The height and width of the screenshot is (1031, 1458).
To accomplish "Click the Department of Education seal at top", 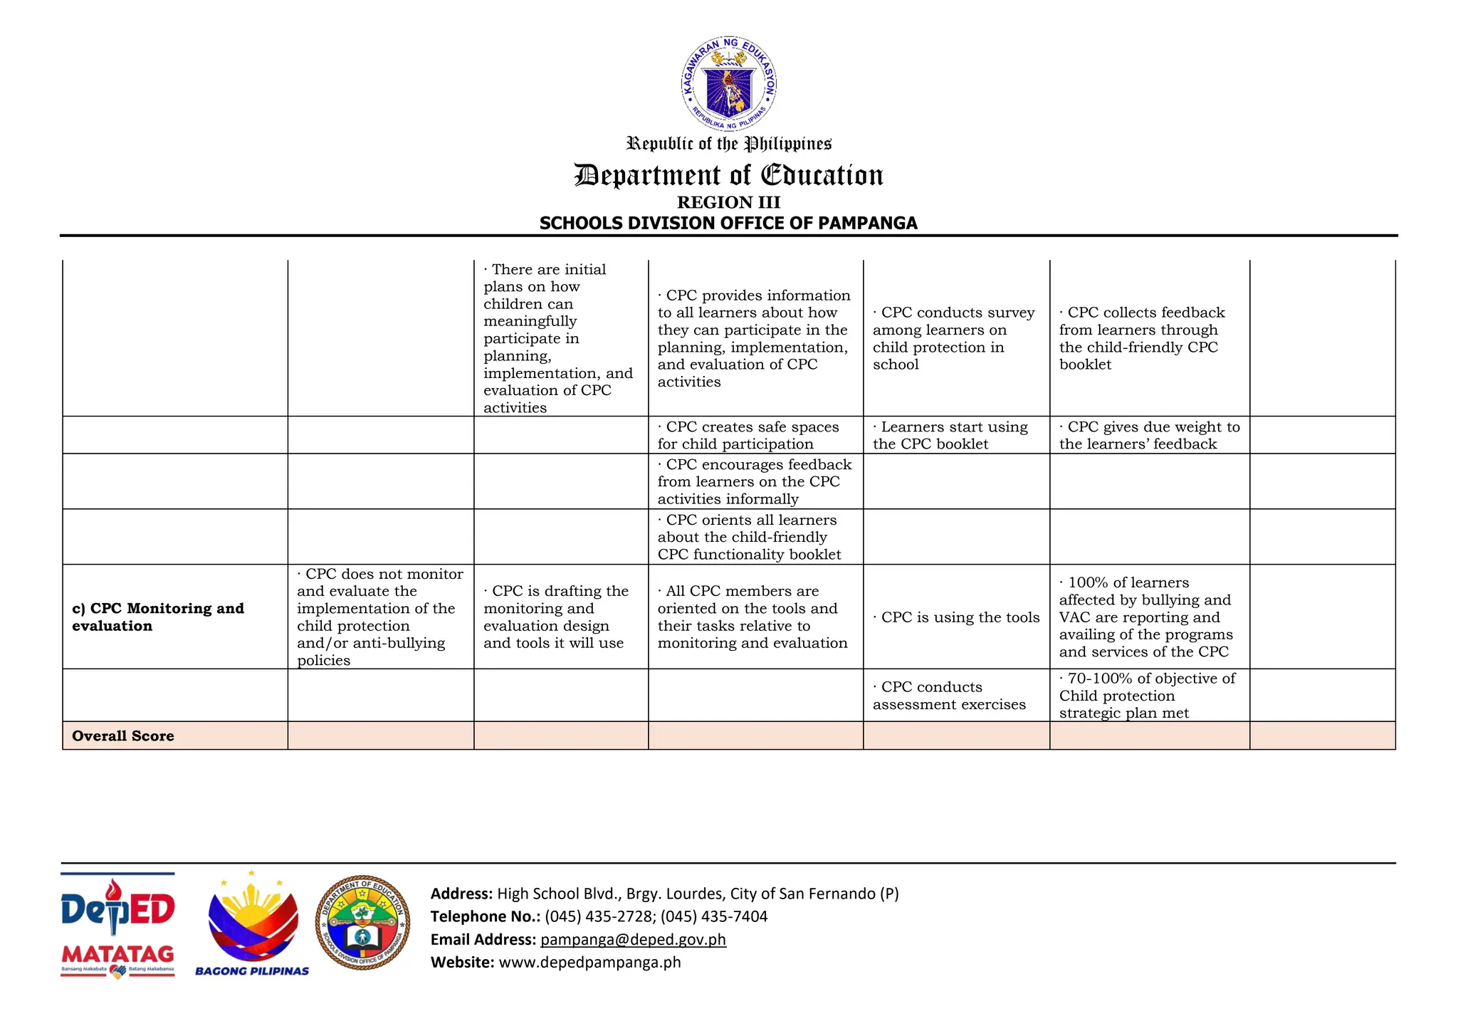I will [728, 84].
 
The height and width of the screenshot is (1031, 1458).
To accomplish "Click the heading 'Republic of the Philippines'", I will [728, 144].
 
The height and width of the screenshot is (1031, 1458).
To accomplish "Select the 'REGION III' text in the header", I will [728, 202].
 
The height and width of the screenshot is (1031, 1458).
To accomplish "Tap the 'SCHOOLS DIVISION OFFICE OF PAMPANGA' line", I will [728, 223].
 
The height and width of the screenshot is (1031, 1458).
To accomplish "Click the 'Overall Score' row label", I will [123, 736].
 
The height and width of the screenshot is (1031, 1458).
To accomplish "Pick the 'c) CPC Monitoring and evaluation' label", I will [158, 617].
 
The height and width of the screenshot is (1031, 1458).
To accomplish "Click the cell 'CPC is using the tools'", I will [956, 617].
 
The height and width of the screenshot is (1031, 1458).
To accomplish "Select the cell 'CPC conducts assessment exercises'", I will [949, 696].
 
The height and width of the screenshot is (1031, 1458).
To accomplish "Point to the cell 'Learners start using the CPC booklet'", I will [950, 435].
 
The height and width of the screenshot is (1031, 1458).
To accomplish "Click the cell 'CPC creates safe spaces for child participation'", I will [748, 435].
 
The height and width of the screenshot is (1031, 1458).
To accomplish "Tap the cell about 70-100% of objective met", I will [1147, 696].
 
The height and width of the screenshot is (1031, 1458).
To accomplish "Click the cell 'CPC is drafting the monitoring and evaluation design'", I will [555, 617].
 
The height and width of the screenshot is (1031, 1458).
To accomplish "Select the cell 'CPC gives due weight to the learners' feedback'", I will [1149, 435].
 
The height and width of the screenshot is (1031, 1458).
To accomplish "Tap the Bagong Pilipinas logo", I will [252, 924].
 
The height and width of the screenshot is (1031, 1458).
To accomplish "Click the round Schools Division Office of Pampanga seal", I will [362, 923].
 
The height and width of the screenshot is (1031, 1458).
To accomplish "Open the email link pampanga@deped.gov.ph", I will [633, 939].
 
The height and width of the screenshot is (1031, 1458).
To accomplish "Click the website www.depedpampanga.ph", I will [589, 962].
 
